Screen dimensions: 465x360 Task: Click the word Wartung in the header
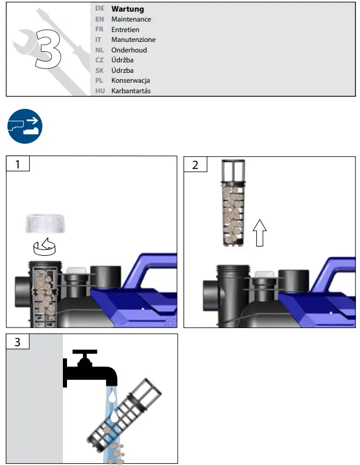(x=128, y=9)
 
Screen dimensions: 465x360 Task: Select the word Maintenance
(x=131, y=19)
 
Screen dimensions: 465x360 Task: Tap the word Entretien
(x=125, y=30)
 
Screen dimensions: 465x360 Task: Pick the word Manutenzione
(x=133, y=40)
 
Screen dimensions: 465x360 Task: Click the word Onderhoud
(x=129, y=50)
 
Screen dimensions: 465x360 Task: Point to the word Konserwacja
(x=130, y=80)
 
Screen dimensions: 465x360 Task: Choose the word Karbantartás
(x=131, y=91)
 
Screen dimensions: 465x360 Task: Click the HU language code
(x=100, y=91)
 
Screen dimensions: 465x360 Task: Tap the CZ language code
(x=100, y=60)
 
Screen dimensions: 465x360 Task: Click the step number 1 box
(x=17, y=164)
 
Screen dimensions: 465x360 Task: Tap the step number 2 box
(x=195, y=164)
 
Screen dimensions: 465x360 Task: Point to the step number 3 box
(x=17, y=342)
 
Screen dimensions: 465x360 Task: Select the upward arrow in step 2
(x=260, y=235)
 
